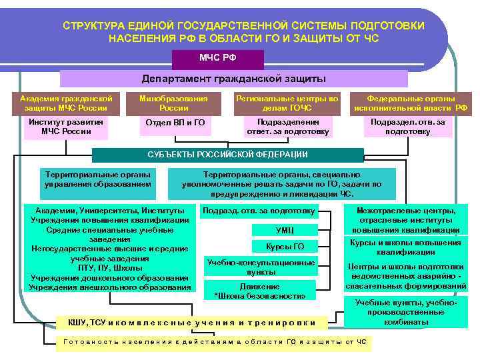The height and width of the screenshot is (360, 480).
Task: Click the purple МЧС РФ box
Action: pyautogui.click(x=218, y=59)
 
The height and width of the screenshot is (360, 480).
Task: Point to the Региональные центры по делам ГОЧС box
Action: pyautogui.click(x=287, y=102)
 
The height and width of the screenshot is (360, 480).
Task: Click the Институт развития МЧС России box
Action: pyautogui.click(x=66, y=126)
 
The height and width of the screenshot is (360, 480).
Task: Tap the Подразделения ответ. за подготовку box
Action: pyautogui.click(x=287, y=126)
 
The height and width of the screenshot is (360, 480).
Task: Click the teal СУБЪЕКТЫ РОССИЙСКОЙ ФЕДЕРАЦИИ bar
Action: pyautogui.click(x=227, y=155)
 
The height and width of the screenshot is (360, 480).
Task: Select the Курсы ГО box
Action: pyautogui.click(x=284, y=247)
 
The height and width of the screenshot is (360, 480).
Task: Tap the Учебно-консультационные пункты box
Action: pyautogui.click(x=261, y=267)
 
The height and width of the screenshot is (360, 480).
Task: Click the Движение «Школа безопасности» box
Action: pyautogui.click(x=260, y=291)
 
